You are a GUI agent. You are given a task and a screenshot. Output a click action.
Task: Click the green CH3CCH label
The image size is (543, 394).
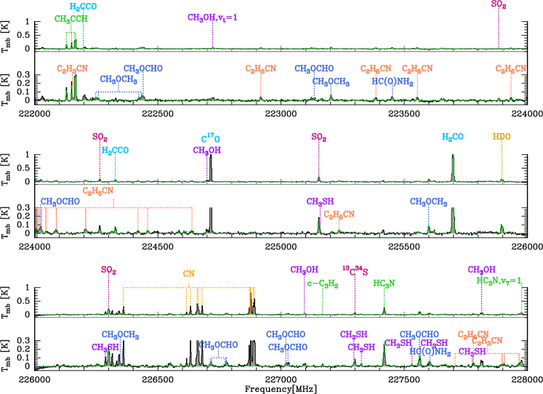(x=72, y=19)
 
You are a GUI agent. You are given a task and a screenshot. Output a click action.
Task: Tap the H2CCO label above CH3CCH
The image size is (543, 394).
(x=83, y=7)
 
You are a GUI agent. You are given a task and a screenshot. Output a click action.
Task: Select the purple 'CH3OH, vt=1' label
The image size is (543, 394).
(x=212, y=17)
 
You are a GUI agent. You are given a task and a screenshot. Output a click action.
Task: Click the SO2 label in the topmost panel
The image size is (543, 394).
(x=499, y=4)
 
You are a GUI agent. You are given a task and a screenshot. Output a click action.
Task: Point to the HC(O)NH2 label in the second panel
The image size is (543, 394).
(x=393, y=82)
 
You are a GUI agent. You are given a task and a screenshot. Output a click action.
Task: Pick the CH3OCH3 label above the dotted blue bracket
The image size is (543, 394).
(x=118, y=79)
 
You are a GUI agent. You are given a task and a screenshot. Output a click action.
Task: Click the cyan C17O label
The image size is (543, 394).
(x=211, y=138)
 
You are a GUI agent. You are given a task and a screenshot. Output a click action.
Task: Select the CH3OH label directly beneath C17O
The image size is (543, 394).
(x=206, y=150)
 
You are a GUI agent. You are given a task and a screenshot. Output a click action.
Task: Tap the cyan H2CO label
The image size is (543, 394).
(x=453, y=137)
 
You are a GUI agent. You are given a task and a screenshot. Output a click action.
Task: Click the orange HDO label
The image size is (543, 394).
(x=502, y=136)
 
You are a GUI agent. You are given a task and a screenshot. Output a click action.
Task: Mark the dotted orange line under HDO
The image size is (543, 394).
(x=502, y=160)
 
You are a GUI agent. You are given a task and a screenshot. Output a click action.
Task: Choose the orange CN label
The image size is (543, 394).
(x=188, y=274)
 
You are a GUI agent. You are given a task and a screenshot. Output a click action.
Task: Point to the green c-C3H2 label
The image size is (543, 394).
(x=323, y=284)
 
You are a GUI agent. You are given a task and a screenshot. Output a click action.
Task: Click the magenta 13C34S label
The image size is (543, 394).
(x=355, y=271)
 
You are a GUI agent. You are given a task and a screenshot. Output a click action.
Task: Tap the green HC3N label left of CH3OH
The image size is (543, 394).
(x=384, y=284)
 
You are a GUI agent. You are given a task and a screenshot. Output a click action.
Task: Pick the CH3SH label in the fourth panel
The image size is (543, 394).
(x=320, y=201)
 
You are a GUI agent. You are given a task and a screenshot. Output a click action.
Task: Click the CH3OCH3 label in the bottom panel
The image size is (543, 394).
(x=120, y=334)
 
